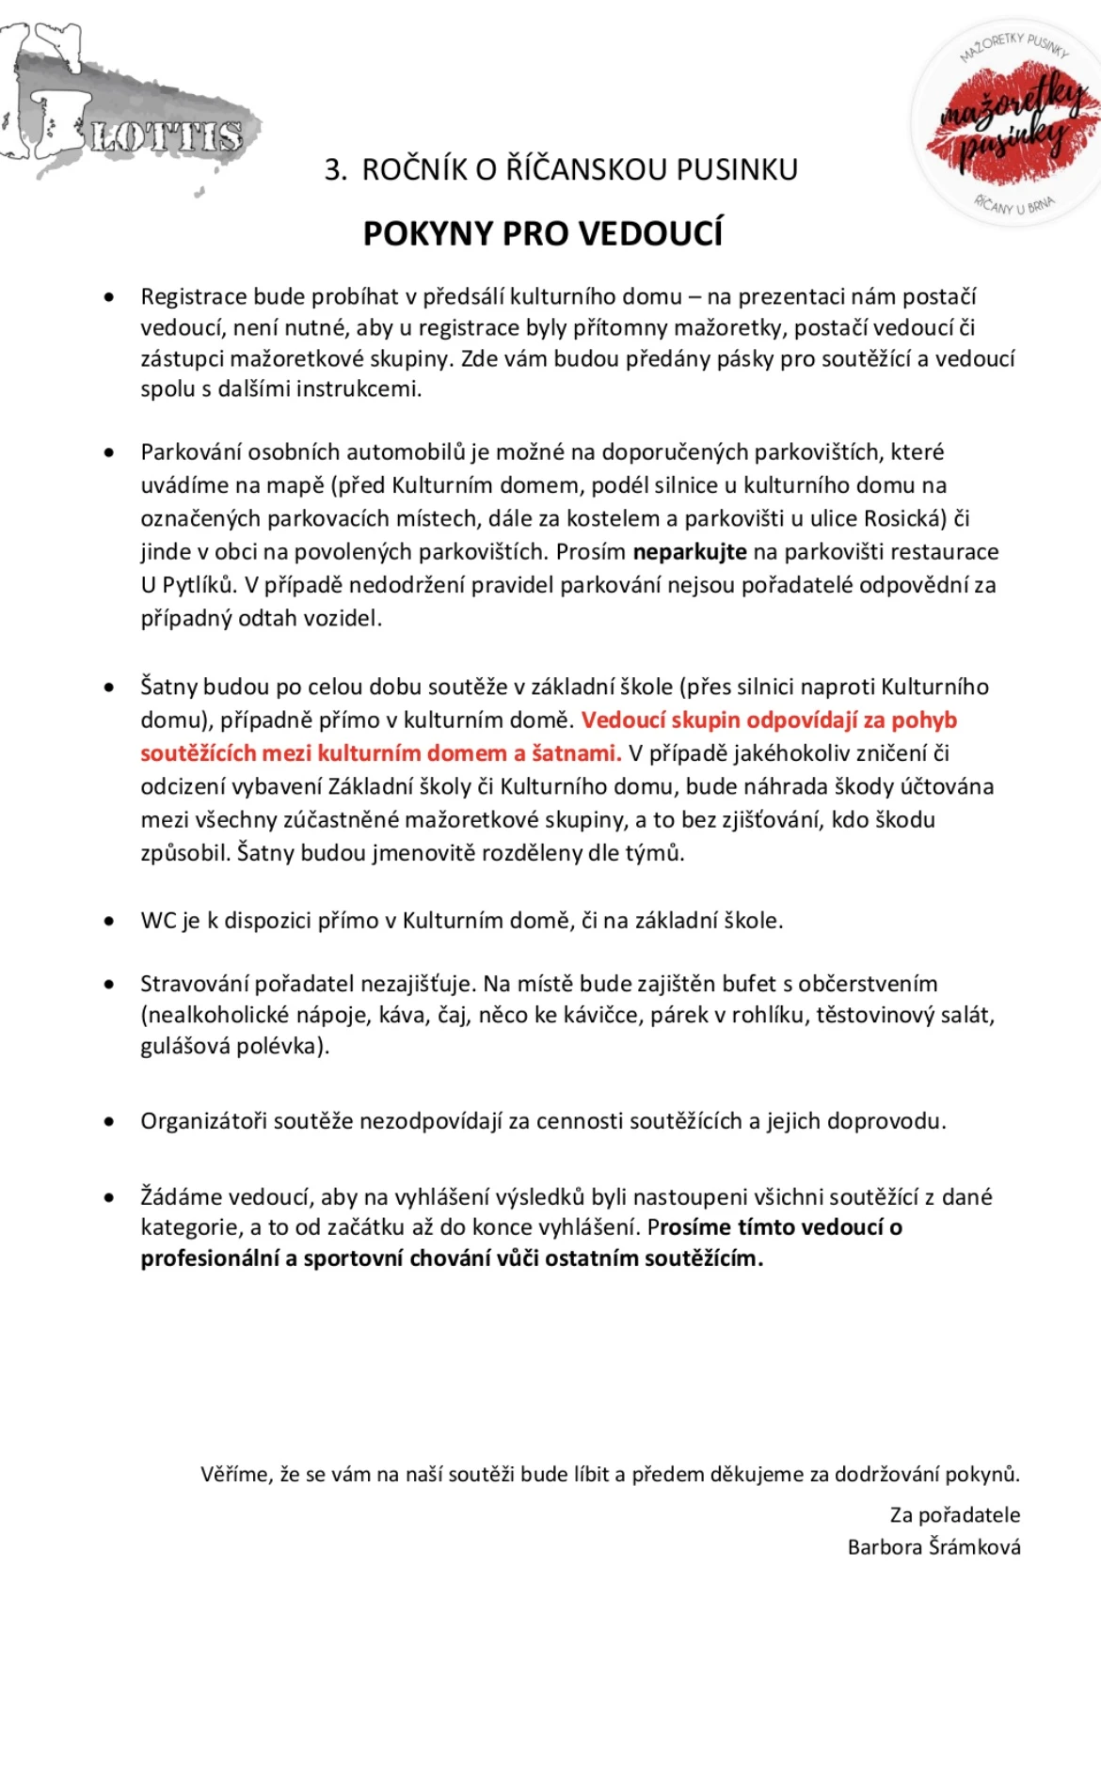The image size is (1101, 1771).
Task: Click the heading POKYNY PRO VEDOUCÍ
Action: coord(543,233)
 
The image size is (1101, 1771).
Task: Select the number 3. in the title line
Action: coord(336,170)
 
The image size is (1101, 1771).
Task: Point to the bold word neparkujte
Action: coord(690,552)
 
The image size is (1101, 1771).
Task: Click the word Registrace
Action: coord(194,297)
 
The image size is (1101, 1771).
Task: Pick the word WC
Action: coord(158,921)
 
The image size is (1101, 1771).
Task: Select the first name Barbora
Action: coord(885,1547)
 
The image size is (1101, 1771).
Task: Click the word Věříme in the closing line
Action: coord(235,1474)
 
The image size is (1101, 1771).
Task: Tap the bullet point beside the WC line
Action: coord(110,921)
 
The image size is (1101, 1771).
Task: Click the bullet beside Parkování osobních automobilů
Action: coord(110,452)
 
